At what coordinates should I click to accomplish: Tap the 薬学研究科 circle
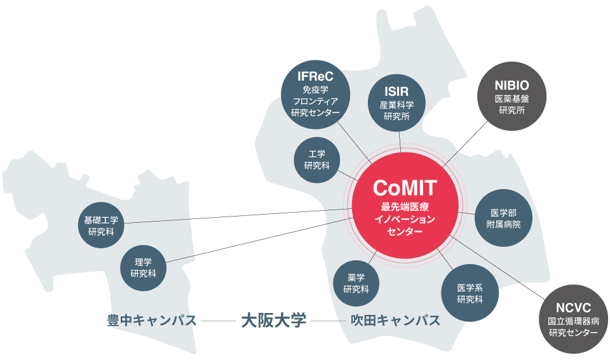[356, 283]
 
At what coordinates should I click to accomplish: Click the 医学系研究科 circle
[470, 293]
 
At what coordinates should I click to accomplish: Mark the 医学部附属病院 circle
[503, 218]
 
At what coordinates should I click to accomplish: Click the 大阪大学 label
[273, 320]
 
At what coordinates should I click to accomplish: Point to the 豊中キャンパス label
[151, 320]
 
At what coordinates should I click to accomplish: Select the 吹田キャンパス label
[395, 320]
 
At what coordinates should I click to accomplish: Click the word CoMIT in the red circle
[405, 187]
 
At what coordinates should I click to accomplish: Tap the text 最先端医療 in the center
[405, 207]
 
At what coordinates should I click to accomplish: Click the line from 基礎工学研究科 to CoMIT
[241, 217]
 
